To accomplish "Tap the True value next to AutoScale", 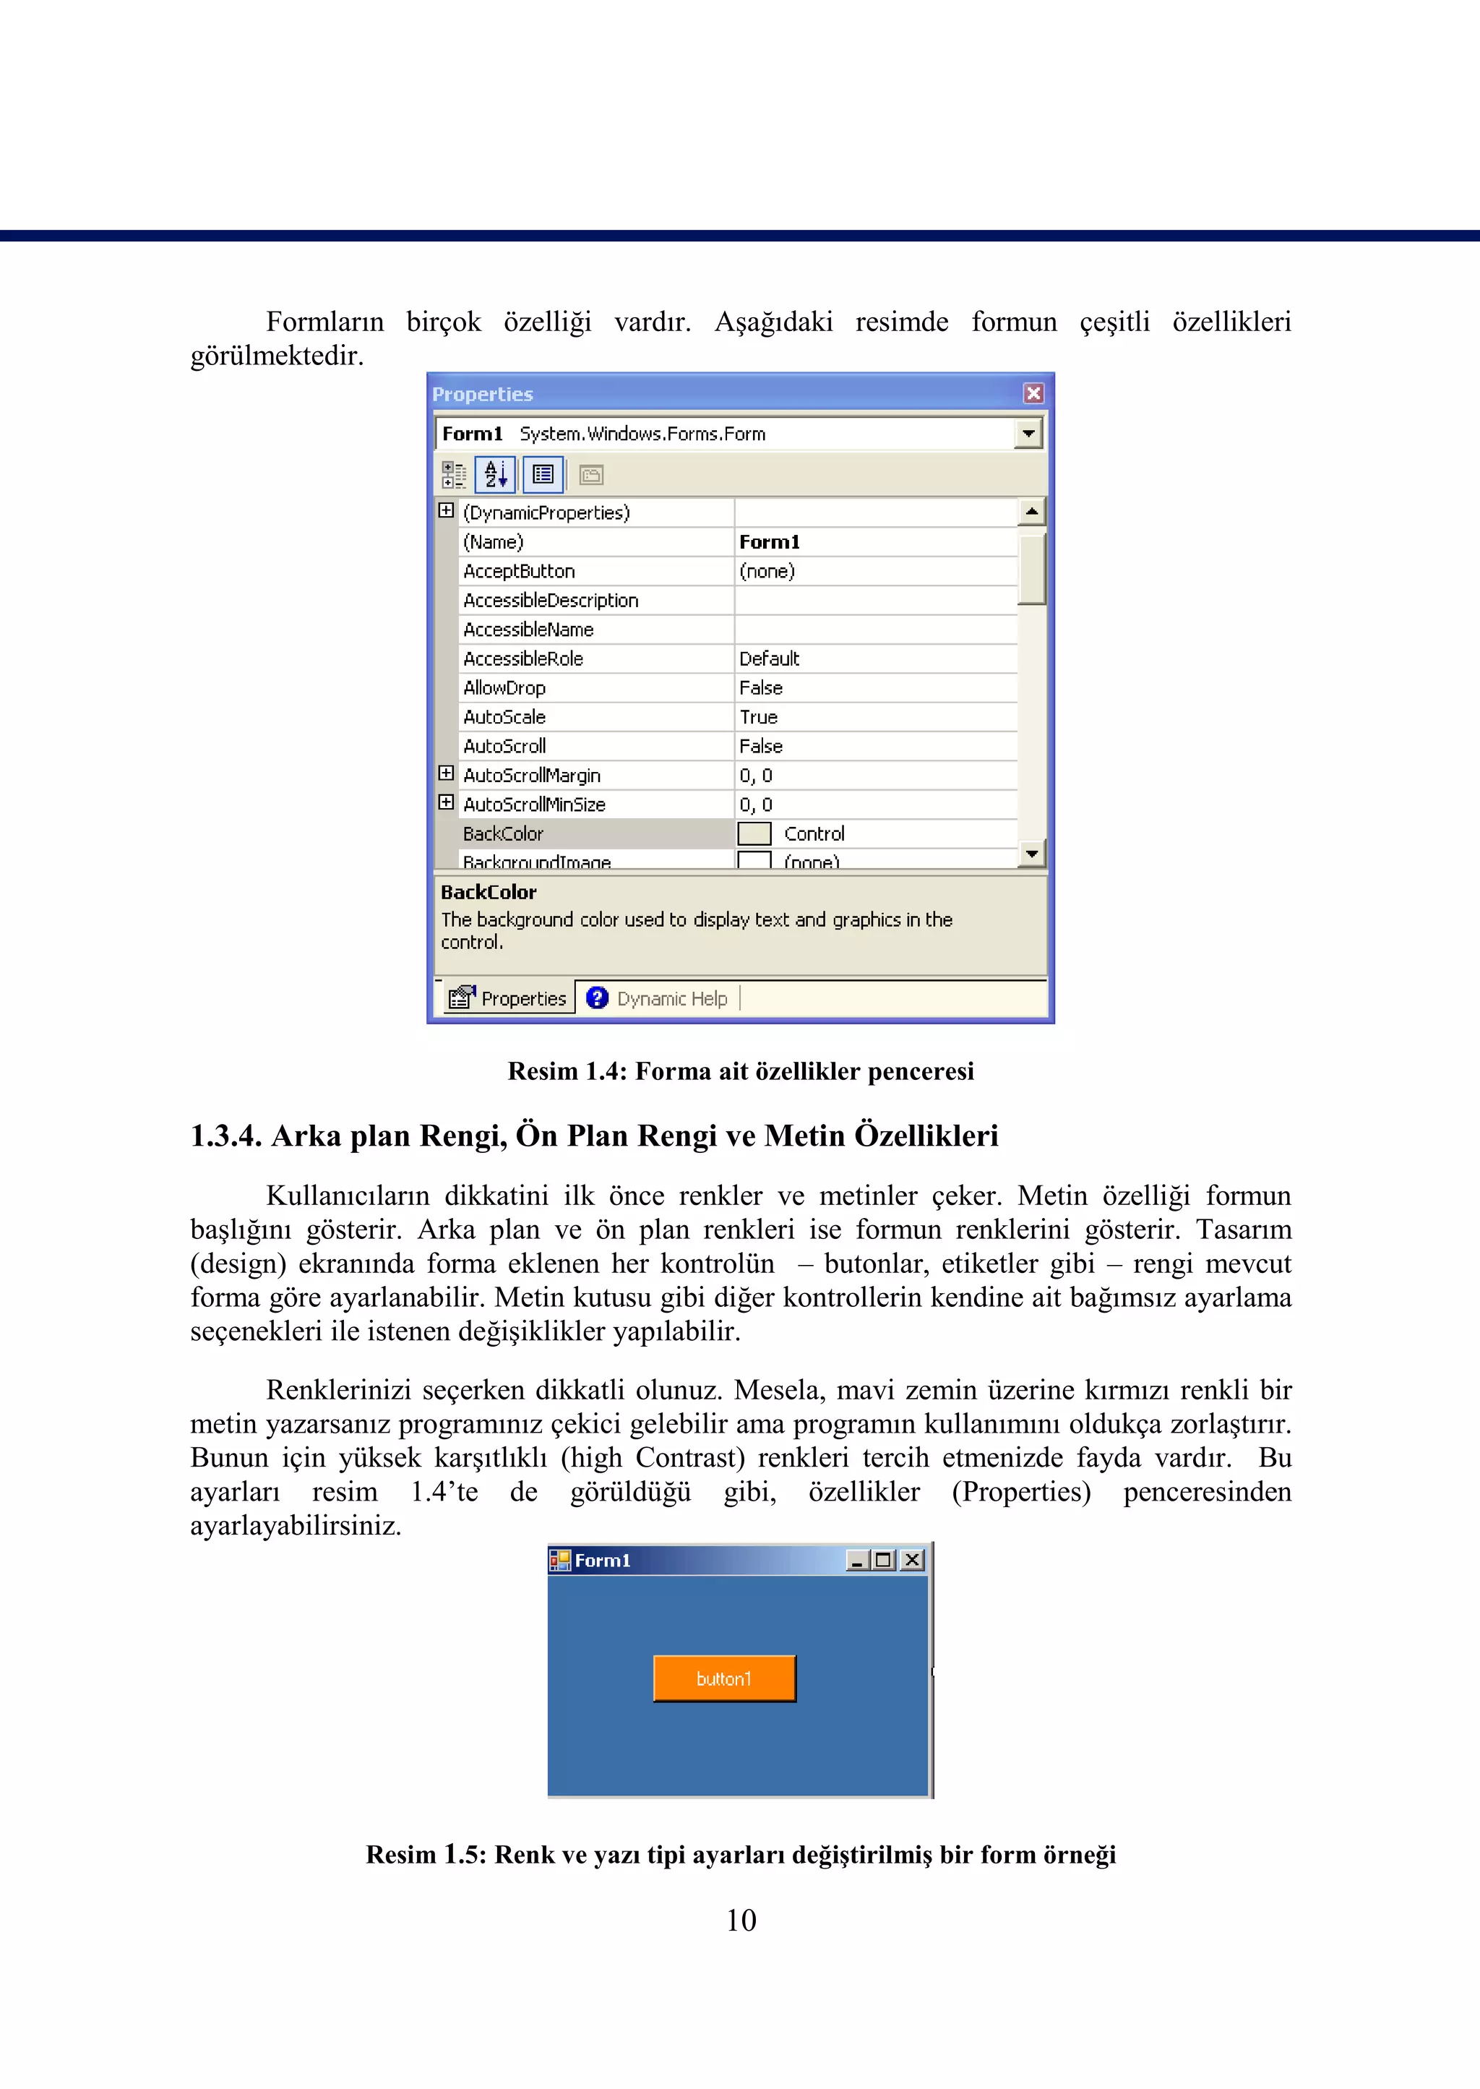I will coord(758,716).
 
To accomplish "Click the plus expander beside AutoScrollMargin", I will coord(446,774).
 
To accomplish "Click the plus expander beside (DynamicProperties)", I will coord(446,510).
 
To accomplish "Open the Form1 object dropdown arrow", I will coord(1028,433).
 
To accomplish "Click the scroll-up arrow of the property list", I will coord(1032,511).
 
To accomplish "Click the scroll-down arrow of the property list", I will coord(1032,854).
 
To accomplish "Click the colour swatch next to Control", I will coord(754,833).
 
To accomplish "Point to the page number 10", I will coord(740,1921).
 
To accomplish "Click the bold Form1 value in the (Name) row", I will coord(769,541).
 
